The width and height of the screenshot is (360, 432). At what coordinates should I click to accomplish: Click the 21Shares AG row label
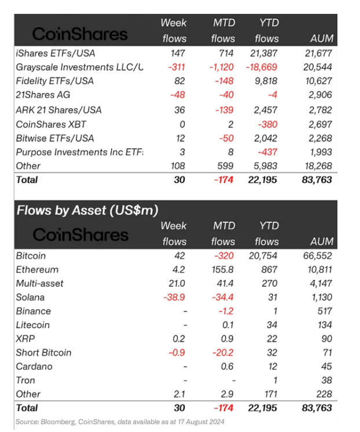click(x=41, y=95)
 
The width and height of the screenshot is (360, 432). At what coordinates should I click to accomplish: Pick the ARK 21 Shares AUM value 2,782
click(x=321, y=110)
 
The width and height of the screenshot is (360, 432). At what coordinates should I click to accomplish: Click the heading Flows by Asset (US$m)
click(x=87, y=209)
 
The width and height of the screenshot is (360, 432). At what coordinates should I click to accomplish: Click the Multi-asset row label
click(x=40, y=283)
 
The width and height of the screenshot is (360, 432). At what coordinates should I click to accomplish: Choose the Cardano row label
click(x=34, y=367)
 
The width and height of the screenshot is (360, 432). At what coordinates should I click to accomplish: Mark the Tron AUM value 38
click(x=326, y=381)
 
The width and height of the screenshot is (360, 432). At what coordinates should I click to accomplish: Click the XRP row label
click(x=27, y=339)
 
